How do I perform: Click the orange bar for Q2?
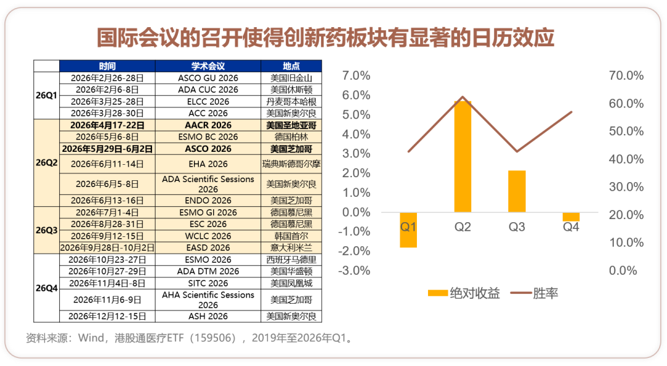[x=463, y=156]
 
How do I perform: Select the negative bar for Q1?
[x=408, y=230]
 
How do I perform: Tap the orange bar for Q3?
[x=517, y=191]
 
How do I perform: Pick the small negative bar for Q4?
[x=571, y=217]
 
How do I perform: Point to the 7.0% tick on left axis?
[x=356, y=76]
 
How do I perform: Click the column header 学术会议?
[x=208, y=66]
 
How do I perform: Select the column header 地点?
[x=292, y=66]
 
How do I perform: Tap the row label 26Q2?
[x=46, y=164]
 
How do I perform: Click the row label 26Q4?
[x=46, y=288]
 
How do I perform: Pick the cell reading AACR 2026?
[x=208, y=125]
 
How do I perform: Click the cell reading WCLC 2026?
[x=208, y=236]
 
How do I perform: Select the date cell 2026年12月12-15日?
[x=107, y=316]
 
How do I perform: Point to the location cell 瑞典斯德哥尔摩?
[x=292, y=164]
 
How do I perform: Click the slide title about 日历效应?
[x=326, y=38]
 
